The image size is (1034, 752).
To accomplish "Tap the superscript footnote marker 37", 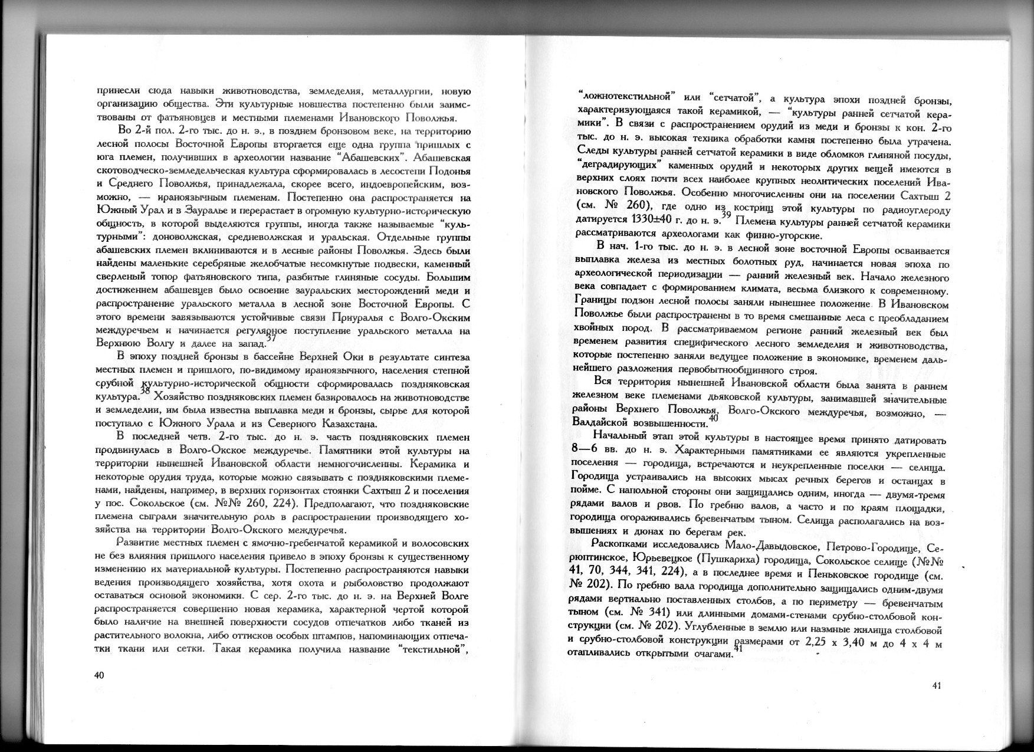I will click(x=271, y=338).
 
